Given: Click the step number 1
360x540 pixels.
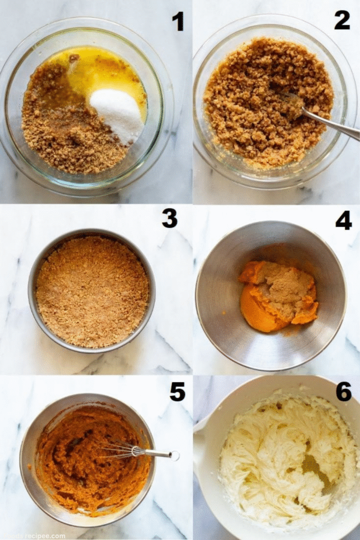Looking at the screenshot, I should (178, 22).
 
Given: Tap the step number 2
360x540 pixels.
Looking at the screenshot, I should (342, 20).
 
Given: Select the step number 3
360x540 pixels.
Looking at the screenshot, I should (170, 218).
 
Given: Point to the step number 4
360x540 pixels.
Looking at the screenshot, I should (343, 220).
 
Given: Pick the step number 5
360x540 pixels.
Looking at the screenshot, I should (177, 391).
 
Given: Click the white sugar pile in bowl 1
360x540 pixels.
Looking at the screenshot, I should (118, 113).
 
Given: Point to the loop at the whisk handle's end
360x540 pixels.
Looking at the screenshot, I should (174, 456).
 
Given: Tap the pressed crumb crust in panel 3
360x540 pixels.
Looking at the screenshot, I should (92, 291).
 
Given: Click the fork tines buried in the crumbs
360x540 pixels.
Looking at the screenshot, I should (291, 100).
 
